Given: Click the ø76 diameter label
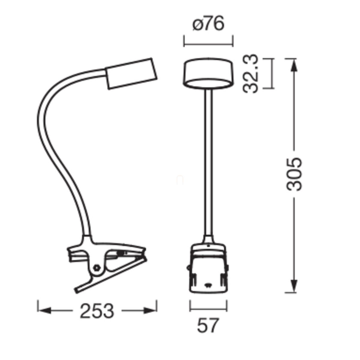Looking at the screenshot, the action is click(208, 24).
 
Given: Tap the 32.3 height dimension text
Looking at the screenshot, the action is click(250, 73).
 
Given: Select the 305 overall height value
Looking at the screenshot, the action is click(294, 175).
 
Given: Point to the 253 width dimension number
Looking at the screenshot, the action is click(97, 311).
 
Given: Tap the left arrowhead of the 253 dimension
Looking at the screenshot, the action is click(44, 311).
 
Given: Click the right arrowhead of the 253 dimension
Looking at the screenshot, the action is click(150, 311).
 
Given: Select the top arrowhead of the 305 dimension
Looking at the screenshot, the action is click(294, 65).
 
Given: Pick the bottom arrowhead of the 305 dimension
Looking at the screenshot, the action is click(294, 286).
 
